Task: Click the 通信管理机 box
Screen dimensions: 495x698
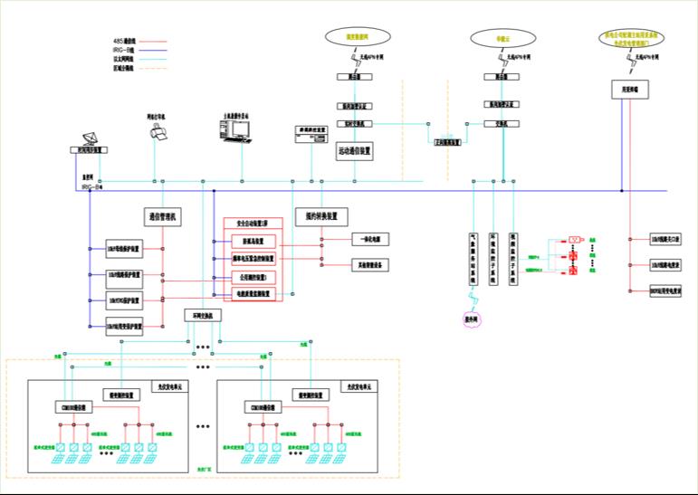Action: tap(164, 217)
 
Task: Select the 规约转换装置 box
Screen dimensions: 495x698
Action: tap(321, 216)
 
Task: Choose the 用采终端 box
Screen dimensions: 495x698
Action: tap(625, 90)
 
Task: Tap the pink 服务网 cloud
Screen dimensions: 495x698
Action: tap(473, 319)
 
